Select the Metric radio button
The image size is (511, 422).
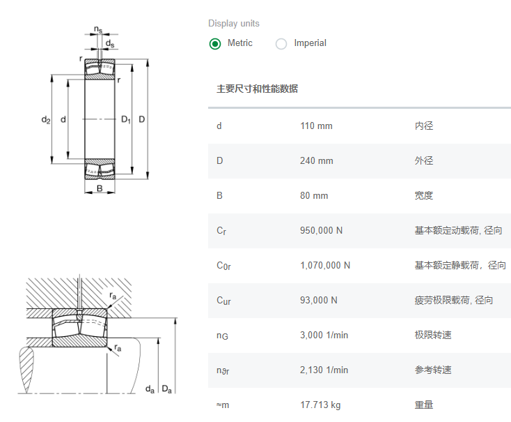click(215, 43)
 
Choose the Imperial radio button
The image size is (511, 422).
click(281, 43)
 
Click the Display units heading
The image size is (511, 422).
click(234, 24)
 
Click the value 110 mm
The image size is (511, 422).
click(316, 126)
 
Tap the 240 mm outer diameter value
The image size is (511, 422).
click(317, 160)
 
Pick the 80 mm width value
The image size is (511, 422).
click(314, 195)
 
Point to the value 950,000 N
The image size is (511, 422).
click(321, 231)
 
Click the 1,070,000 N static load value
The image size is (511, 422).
click(325, 265)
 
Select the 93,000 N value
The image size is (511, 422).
click(318, 300)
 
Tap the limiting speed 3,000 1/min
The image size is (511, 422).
click(324, 335)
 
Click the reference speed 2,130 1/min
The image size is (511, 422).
click(324, 370)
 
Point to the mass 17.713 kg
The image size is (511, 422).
click(320, 405)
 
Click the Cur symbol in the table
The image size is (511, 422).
click(223, 301)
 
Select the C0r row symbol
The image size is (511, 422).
click(223, 266)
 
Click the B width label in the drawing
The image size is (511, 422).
click(100, 188)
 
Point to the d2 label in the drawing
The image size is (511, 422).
click(46, 119)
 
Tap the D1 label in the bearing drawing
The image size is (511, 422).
click(126, 119)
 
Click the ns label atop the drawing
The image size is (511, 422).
click(98, 29)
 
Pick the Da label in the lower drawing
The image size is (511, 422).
click(166, 389)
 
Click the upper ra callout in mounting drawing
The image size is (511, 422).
click(113, 296)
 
